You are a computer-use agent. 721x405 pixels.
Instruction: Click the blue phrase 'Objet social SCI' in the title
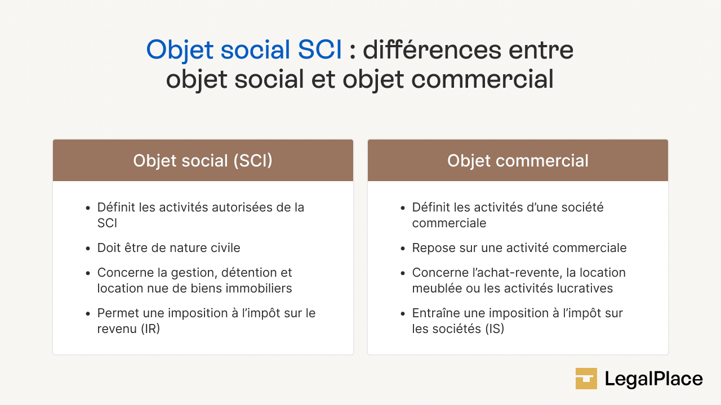point(244,50)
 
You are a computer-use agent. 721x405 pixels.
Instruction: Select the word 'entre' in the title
point(541,50)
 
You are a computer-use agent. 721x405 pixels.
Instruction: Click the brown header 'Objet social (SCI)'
point(203,161)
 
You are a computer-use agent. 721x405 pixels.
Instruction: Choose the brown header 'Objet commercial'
point(518,161)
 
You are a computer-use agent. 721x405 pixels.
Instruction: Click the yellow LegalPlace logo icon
point(586,379)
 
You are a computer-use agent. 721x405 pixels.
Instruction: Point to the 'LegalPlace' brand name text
point(653,379)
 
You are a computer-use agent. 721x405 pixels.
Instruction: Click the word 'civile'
point(224,248)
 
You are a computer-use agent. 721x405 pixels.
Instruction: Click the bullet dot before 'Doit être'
point(88,249)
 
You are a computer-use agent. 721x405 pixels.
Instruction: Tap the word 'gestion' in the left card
point(190,273)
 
